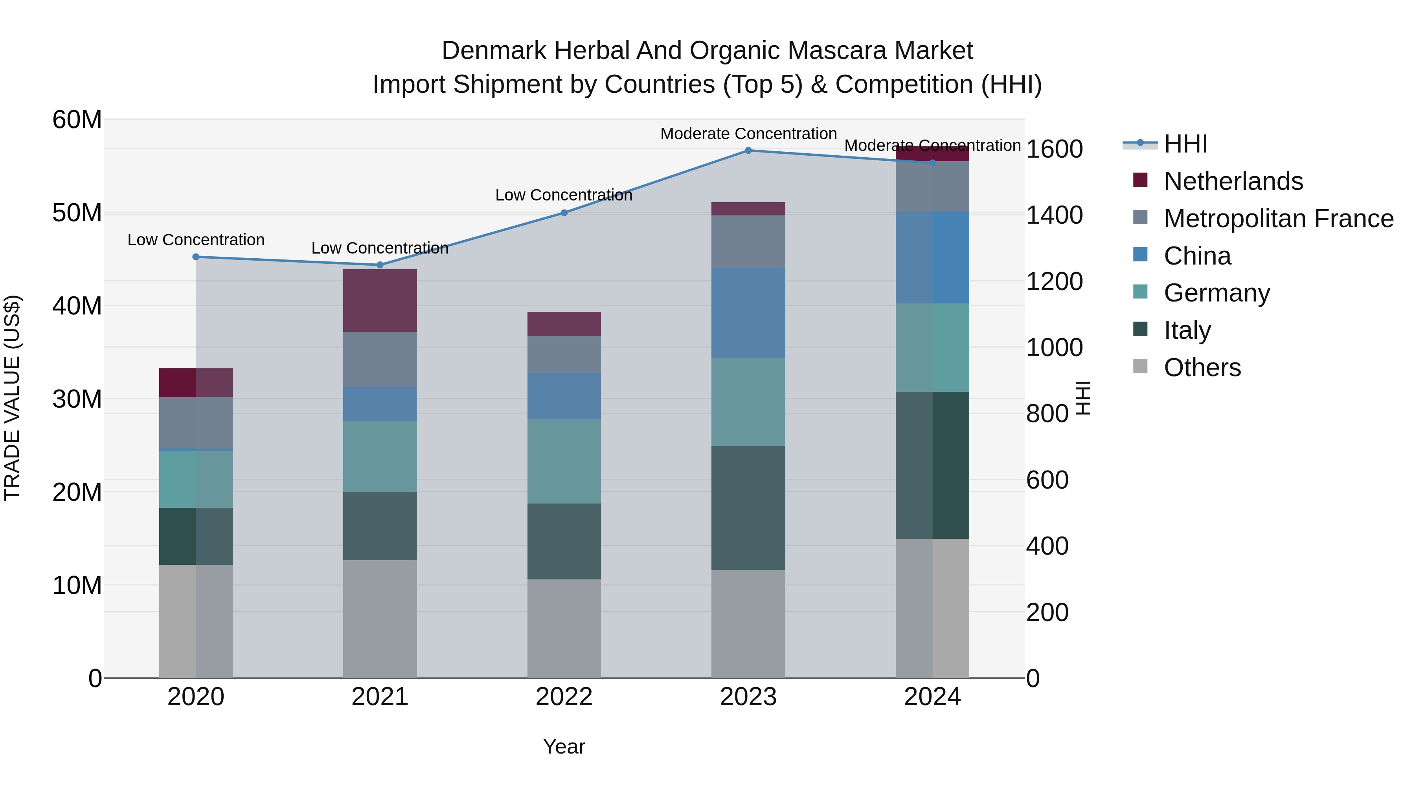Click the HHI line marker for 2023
748,150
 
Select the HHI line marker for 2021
380,265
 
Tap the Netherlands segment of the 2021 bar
380,300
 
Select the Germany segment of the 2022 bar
564,461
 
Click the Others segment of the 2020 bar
196,621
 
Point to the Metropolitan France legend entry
1278,219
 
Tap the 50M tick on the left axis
77,213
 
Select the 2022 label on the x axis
564,697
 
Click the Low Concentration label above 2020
196,240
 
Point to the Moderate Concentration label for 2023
748,134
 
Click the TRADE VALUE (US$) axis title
12,398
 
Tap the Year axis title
564,746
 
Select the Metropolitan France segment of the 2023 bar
748,241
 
